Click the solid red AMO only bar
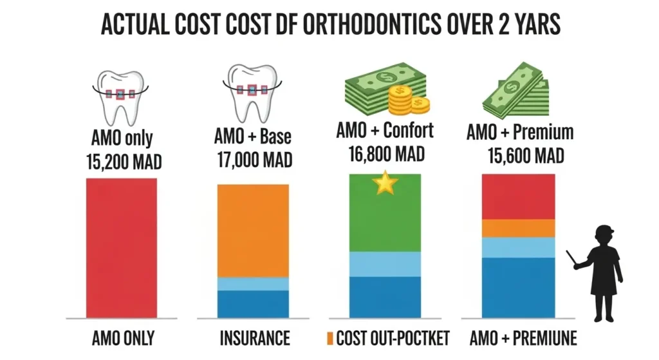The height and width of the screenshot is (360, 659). [x=121, y=247]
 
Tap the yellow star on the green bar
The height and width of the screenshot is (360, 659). [x=385, y=184]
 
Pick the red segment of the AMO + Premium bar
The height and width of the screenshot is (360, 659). [x=517, y=196]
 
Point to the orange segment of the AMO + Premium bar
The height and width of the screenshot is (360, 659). [x=517, y=228]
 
